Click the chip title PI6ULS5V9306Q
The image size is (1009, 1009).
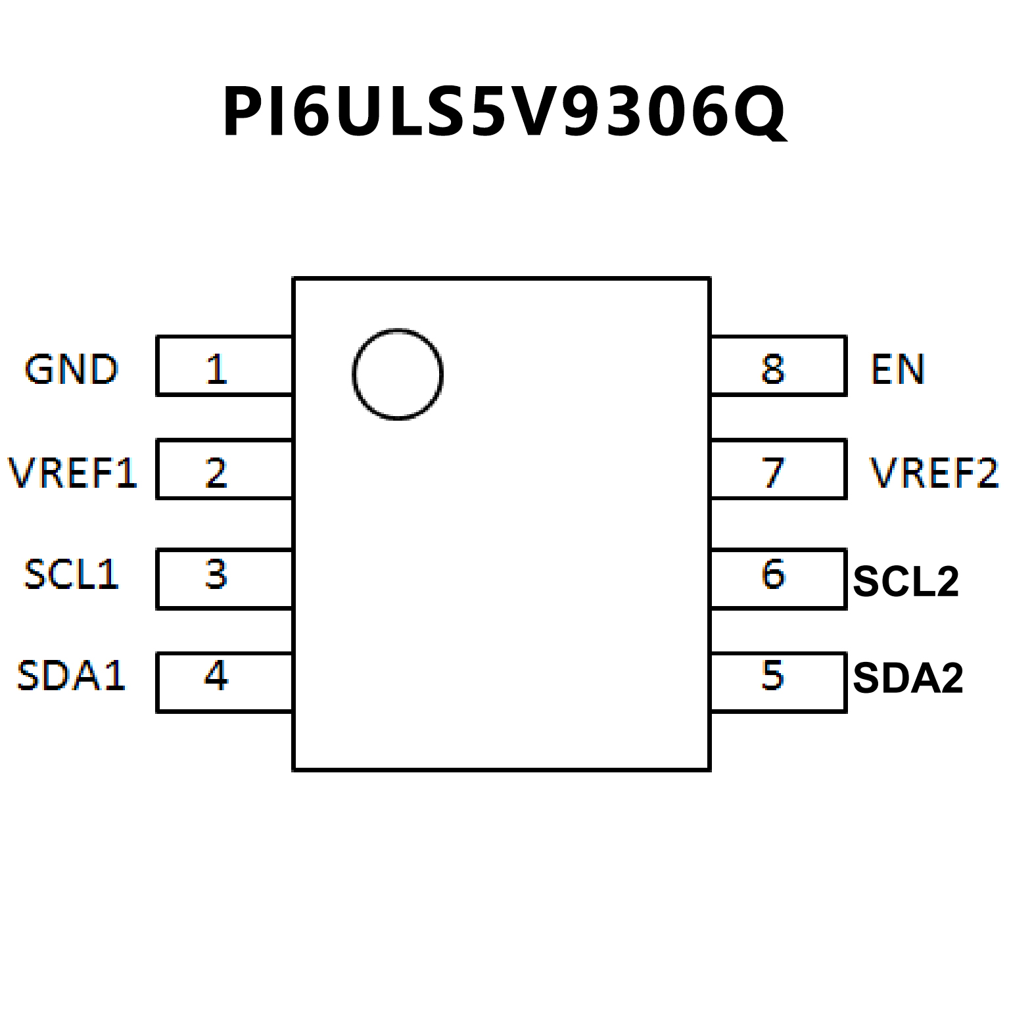click(504, 112)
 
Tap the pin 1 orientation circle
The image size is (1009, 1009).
click(398, 373)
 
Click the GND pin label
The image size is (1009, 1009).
click(71, 369)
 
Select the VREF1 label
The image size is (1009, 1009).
click(73, 472)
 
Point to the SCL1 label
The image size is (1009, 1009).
click(71, 575)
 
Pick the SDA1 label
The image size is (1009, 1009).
click(71, 676)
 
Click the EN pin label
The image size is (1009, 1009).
click(898, 369)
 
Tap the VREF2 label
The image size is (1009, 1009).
click(933, 472)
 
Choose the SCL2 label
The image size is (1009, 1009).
click(906, 581)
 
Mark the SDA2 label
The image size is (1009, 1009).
click(908, 678)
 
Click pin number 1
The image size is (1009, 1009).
click(216, 369)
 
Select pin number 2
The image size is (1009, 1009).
click(216, 472)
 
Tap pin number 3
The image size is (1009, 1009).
click(216, 575)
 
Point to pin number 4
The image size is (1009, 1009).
click(216, 676)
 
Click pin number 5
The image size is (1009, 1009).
click(773, 676)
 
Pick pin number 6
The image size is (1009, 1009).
click(773, 575)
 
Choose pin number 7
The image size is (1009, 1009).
click(773, 472)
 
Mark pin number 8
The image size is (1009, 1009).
click(773, 369)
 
